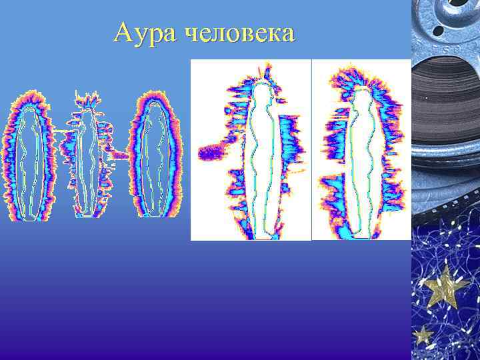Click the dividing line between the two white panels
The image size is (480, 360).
tap(312, 150)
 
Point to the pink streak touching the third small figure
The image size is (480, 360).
tap(120, 155)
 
